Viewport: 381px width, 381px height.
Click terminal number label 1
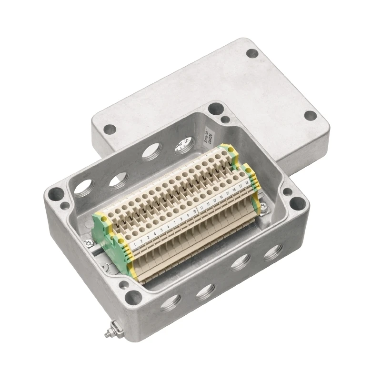tap(136, 244)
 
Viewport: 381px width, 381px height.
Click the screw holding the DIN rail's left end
tap(89, 243)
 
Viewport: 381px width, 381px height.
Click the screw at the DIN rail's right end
tap(263, 205)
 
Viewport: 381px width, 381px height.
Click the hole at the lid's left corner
tap(110, 128)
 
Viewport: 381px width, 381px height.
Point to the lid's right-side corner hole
tap(311, 115)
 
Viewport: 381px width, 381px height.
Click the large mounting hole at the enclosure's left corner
tap(56, 194)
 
